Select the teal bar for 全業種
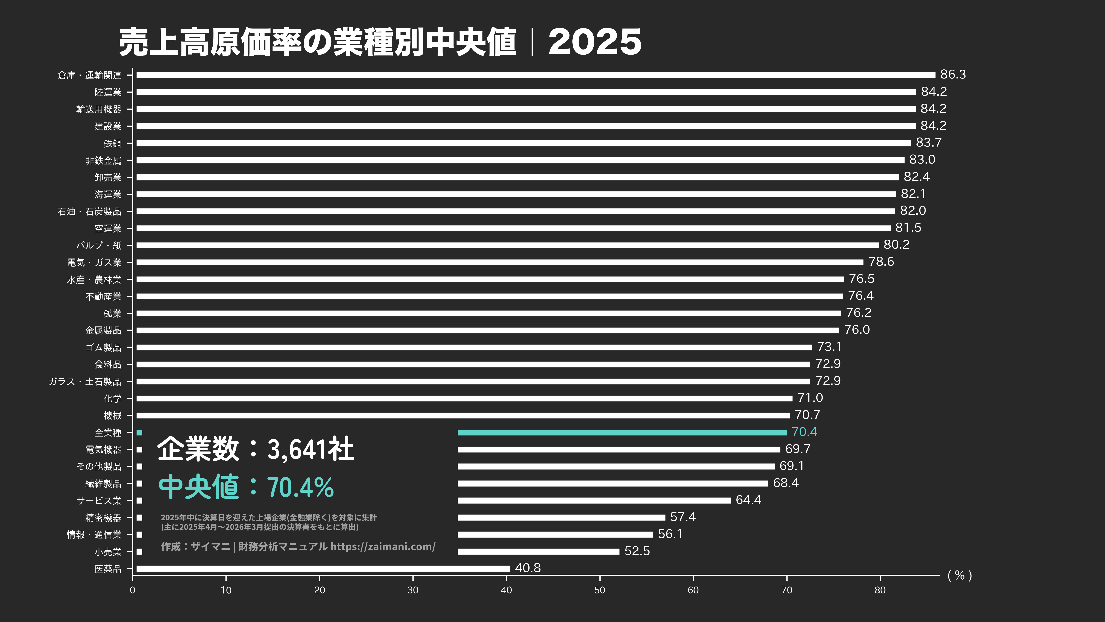click(x=622, y=432)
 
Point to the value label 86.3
click(x=953, y=75)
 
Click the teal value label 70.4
click(x=804, y=432)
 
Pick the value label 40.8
click(x=528, y=568)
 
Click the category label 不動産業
click(x=103, y=296)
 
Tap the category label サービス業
click(x=99, y=501)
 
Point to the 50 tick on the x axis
click(x=600, y=590)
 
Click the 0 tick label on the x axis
click(x=133, y=590)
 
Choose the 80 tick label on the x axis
click(x=880, y=590)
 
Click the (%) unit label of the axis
click(x=960, y=576)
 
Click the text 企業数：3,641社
click(x=256, y=449)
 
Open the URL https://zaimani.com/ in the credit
click(x=383, y=546)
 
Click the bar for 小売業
click(x=538, y=551)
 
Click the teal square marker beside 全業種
click(x=139, y=432)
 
